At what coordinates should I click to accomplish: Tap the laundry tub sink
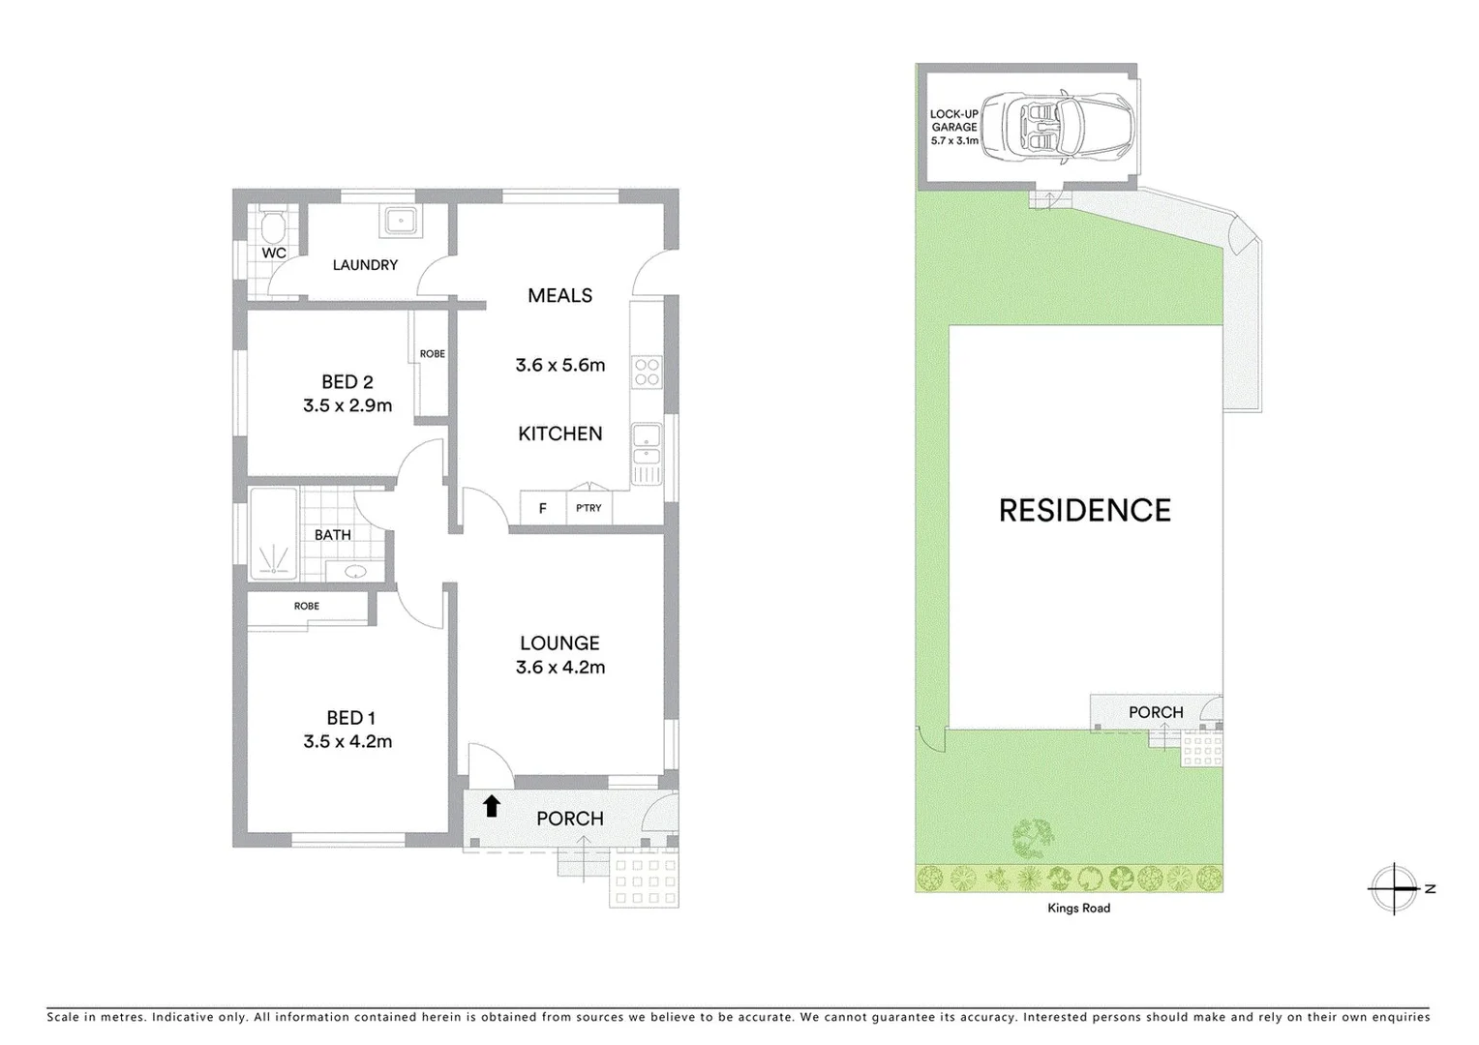(400, 222)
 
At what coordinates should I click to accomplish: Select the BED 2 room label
(347, 382)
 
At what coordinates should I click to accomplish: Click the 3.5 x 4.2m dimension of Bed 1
(347, 742)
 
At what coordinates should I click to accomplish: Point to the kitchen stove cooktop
(646, 373)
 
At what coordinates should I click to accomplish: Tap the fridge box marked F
(543, 508)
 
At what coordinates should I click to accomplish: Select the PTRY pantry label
(589, 508)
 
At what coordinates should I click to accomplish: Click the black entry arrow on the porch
(492, 805)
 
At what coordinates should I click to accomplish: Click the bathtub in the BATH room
(274, 534)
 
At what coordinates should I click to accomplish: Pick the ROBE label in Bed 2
(432, 354)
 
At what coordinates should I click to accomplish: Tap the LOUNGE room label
(559, 643)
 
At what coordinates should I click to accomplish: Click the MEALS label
(559, 296)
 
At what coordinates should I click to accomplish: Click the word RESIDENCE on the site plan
(1084, 511)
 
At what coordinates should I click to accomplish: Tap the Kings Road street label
(1078, 909)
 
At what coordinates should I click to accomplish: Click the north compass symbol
(1394, 888)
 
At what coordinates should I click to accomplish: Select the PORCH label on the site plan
(1156, 712)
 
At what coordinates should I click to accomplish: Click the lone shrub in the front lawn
(1033, 837)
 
